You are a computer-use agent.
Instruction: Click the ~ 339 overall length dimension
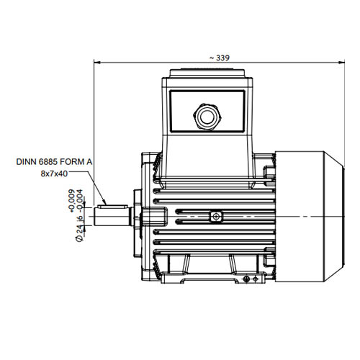click(x=220, y=58)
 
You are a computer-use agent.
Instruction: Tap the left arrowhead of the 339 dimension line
click(x=96, y=63)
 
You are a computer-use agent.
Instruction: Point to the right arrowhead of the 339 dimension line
click(x=341, y=63)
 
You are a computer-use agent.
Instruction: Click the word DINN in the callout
click(x=26, y=162)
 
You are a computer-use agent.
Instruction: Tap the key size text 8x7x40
click(x=54, y=174)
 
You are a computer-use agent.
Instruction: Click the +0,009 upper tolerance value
click(x=71, y=201)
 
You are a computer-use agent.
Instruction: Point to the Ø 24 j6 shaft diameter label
click(x=80, y=229)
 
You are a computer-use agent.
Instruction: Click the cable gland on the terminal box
click(x=207, y=117)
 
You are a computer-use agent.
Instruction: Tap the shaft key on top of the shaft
click(x=113, y=207)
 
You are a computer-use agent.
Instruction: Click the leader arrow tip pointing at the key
click(x=106, y=204)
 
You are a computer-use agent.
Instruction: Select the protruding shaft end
click(x=112, y=217)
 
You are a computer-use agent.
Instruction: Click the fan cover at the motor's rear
click(x=310, y=216)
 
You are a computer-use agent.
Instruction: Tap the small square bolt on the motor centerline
click(x=217, y=217)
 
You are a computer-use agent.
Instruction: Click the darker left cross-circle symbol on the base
click(x=246, y=279)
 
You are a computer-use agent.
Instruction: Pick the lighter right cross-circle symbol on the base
click(x=256, y=279)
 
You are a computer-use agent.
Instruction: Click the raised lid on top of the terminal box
click(x=207, y=73)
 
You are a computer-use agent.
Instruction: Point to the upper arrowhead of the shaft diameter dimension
click(x=84, y=206)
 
